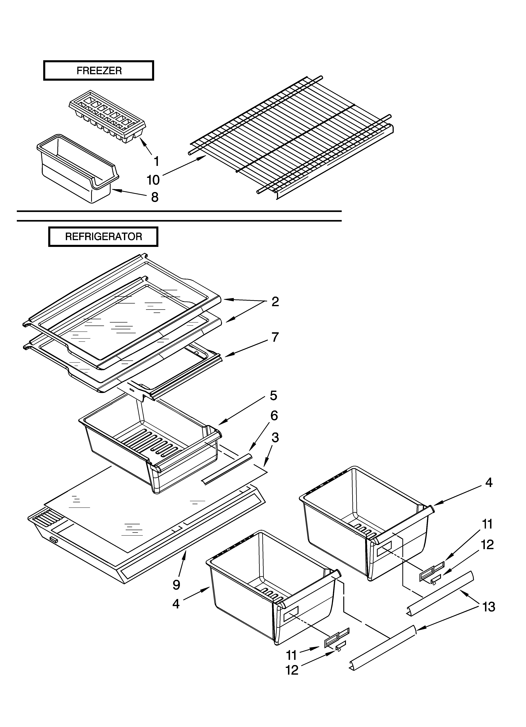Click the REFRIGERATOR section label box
tap(103, 237)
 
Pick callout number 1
tap(156, 161)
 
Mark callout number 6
tap(274, 416)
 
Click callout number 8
tap(155, 197)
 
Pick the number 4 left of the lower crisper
tap(176, 604)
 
